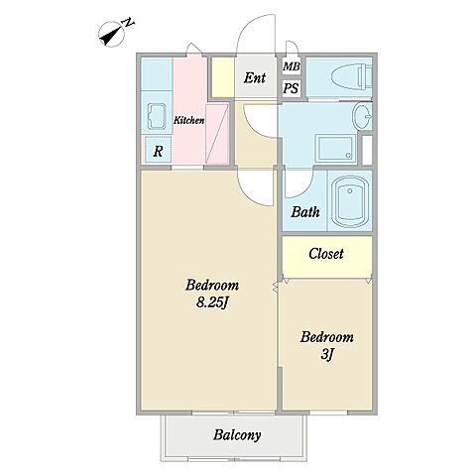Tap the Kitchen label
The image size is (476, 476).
[x=189, y=120]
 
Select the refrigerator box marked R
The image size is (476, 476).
[x=158, y=150]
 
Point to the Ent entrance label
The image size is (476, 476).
[x=255, y=78]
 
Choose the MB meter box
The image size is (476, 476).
[x=292, y=66]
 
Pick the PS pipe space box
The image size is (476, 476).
[x=292, y=88]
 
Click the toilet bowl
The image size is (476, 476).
[x=351, y=77]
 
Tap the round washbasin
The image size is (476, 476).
[x=362, y=116]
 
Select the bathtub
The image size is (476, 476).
[x=350, y=201]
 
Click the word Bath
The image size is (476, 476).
[x=305, y=212]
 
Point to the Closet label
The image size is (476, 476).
[x=326, y=254]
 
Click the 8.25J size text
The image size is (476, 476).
[x=212, y=302]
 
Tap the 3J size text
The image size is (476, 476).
[x=326, y=355]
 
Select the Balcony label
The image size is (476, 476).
[x=237, y=435]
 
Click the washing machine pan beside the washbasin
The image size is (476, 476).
[x=335, y=149]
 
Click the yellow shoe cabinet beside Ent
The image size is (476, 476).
[x=223, y=77]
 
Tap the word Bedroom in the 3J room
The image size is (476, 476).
[x=327, y=337]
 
